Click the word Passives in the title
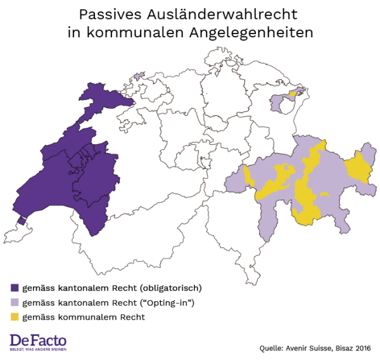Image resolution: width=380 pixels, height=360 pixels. [x=107, y=14]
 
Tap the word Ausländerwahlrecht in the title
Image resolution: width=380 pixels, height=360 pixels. [x=216, y=14]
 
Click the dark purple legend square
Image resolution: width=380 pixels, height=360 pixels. [x=15, y=288]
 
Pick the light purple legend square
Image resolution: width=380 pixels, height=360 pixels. [x=15, y=302]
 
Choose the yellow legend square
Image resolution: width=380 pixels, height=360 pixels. [x=15, y=317]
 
